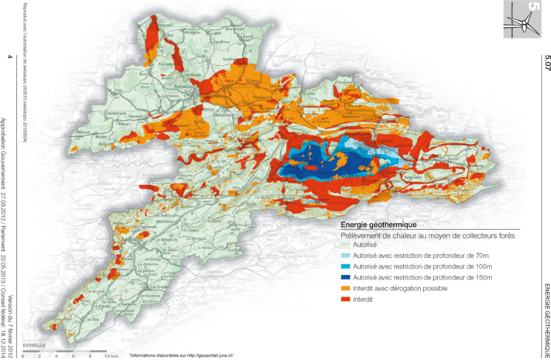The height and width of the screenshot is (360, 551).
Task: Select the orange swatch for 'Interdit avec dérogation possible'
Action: click(346, 288)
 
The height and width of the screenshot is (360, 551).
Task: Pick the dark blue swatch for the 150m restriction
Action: click(346, 277)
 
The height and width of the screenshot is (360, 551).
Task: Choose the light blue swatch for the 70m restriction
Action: click(346, 255)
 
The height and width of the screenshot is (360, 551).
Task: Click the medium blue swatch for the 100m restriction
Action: click(346, 266)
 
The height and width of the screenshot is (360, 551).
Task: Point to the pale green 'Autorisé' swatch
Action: click(346, 245)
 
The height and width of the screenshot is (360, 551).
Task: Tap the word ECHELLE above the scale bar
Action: click(34, 343)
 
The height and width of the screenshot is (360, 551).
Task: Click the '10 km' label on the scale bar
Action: click(111, 355)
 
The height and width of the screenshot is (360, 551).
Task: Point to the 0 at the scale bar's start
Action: click(24, 355)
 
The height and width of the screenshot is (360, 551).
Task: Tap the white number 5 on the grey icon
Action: click(532, 9)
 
